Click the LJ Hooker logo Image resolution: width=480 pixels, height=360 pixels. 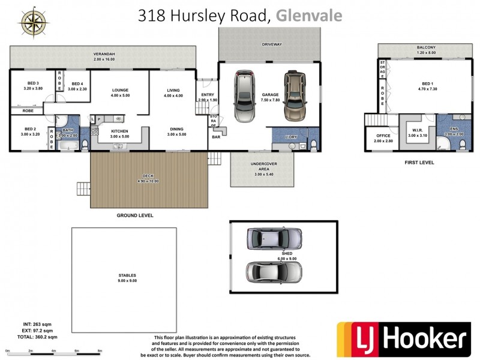point(403,339)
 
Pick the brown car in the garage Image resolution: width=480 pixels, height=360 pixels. point(295,96)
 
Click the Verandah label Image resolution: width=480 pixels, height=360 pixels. point(103,53)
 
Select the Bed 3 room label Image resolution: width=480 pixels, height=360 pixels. point(32,85)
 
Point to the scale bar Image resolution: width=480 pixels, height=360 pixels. point(54,350)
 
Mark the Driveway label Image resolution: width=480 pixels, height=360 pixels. point(271,44)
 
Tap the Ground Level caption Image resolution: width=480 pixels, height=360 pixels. point(135,215)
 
